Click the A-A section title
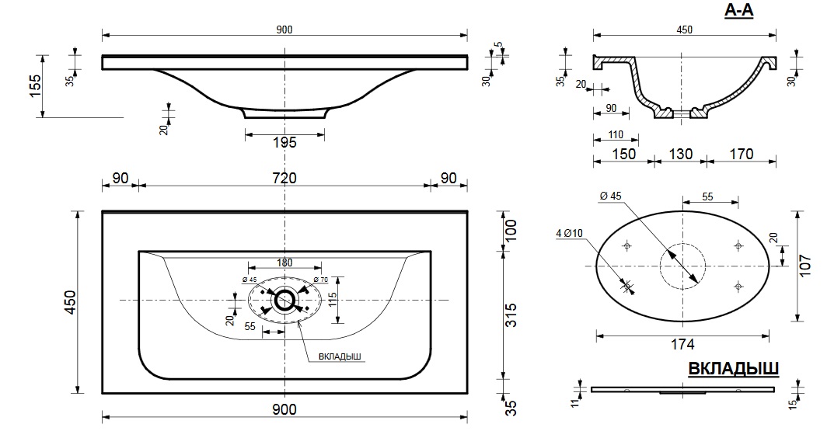tap(739, 10)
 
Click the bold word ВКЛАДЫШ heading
tap(734, 368)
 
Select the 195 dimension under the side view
tap(284, 142)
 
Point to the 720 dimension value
tap(284, 178)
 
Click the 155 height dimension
tap(33, 85)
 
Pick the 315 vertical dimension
tap(510, 315)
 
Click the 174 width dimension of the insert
tap(682, 345)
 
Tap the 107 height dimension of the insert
tap(805, 266)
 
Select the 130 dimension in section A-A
tap(680, 155)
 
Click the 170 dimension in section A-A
tap(742, 155)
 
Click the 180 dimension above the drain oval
tap(284, 262)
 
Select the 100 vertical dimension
tap(510, 230)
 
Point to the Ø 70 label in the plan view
tap(321, 280)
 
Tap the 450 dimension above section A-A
tap(685, 30)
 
